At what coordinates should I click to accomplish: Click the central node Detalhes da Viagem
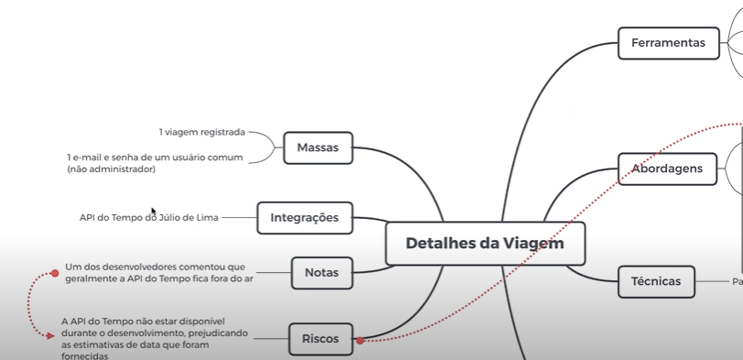point(484,244)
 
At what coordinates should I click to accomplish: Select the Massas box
point(318,147)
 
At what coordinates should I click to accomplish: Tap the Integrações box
point(304,218)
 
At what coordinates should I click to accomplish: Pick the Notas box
point(321,272)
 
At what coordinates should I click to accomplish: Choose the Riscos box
point(320,339)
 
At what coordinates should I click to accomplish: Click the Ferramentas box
point(668,43)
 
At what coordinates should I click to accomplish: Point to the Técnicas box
point(656,281)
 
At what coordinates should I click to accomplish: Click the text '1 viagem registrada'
point(202,132)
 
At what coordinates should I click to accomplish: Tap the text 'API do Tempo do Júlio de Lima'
point(148,218)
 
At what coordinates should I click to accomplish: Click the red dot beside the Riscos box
point(360,341)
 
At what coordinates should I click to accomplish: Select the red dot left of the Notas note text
point(55,273)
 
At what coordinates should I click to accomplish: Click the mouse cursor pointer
point(154,212)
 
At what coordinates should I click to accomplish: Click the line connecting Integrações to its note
point(238,218)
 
